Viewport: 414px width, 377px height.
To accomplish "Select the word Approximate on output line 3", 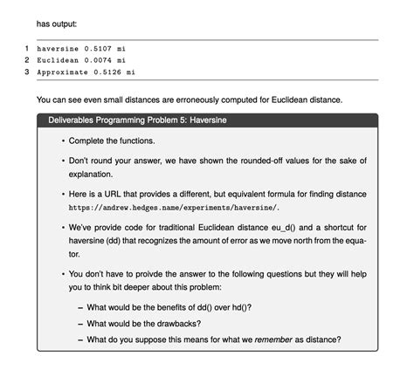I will [62, 72].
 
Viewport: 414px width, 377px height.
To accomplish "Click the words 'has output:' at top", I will [59, 23].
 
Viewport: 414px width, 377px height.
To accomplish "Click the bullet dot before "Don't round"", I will [63, 161].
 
